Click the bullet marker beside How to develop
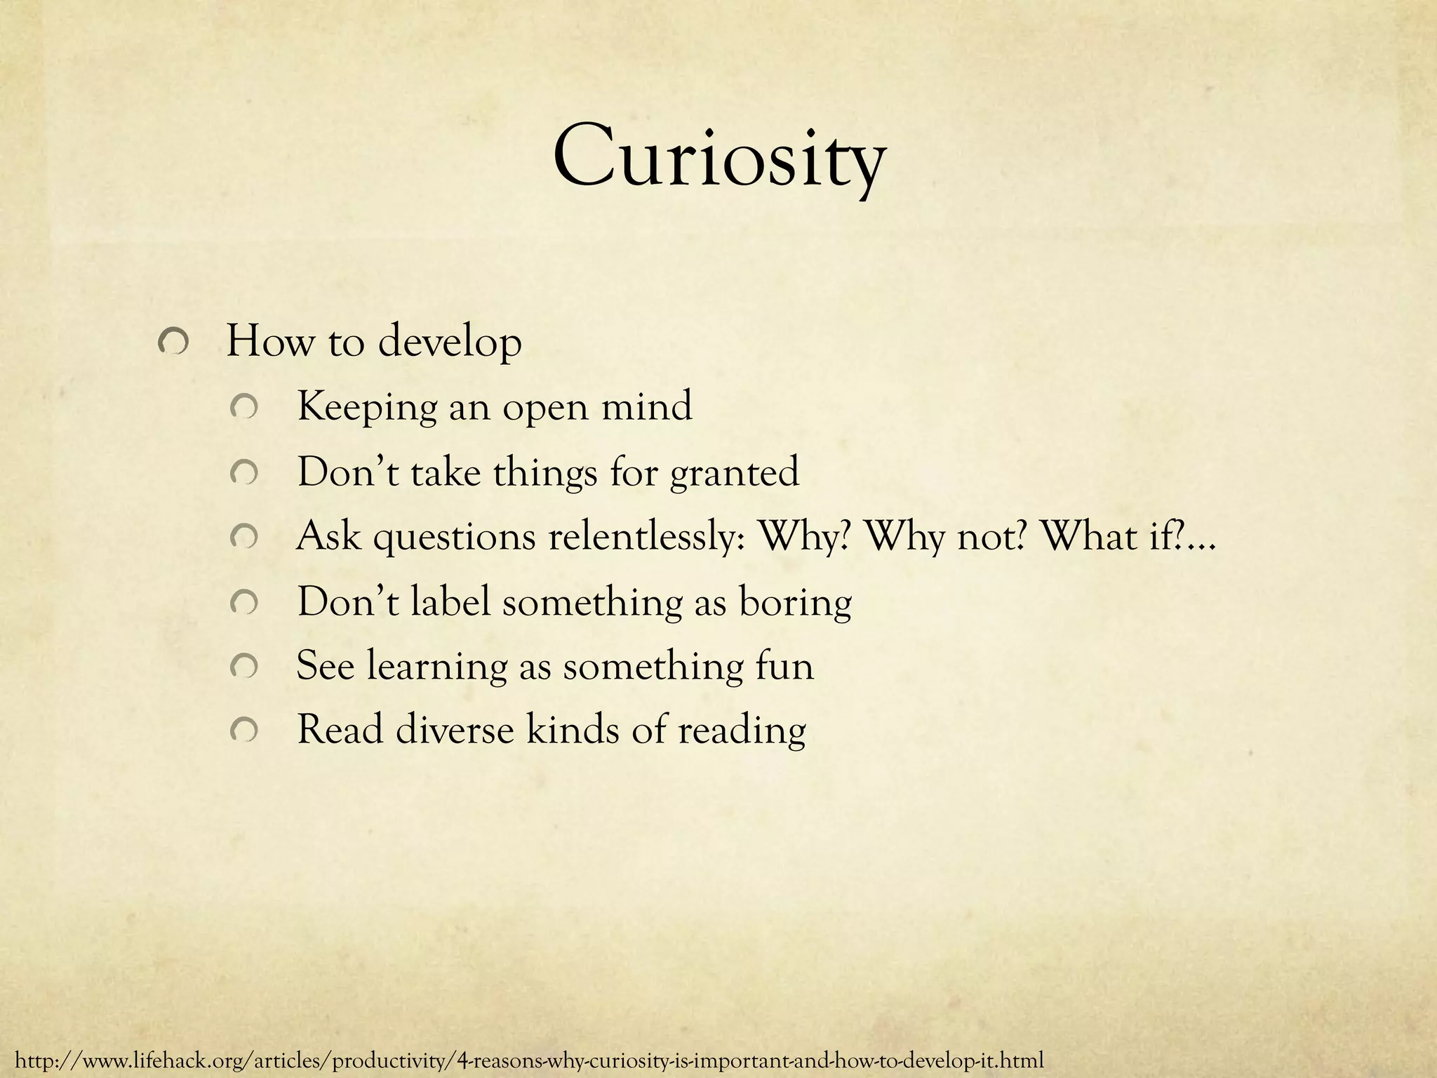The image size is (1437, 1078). click(x=172, y=343)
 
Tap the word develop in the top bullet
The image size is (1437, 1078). click(x=450, y=343)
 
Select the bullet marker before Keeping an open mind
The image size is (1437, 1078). click(x=246, y=408)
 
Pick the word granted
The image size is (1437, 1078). click(x=734, y=472)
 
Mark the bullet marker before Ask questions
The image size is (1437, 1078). click(x=246, y=538)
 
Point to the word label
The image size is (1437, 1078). click(x=450, y=601)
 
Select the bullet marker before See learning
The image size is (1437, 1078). click(x=246, y=667)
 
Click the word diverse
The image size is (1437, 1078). click(x=454, y=730)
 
